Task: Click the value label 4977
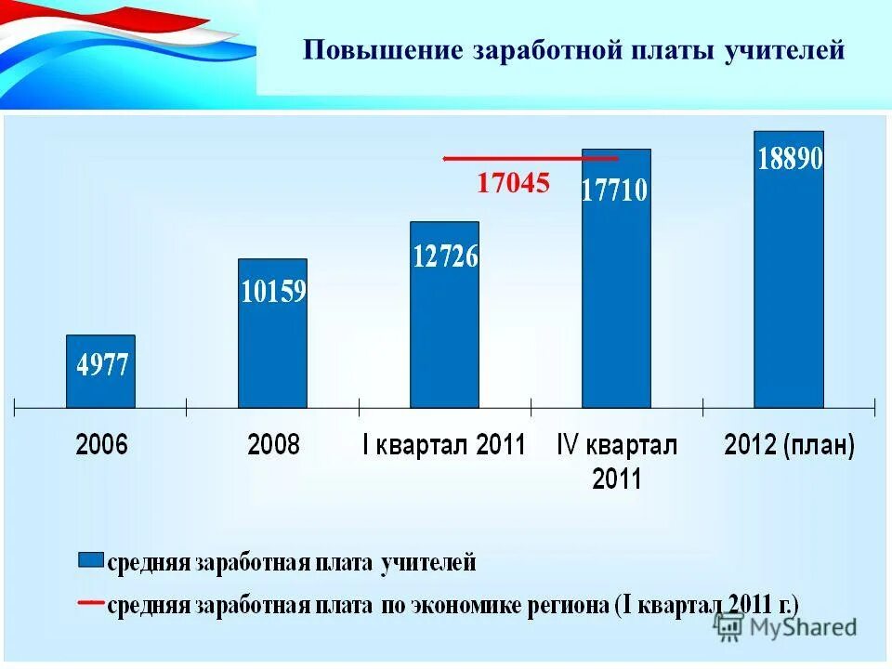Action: (x=101, y=364)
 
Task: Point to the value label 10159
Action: (x=273, y=293)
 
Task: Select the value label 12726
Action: (x=445, y=256)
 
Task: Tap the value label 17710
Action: (x=615, y=191)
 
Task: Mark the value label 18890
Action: (x=790, y=158)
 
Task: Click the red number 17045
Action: (x=513, y=184)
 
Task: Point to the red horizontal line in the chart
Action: (x=530, y=159)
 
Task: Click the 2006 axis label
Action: (x=101, y=445)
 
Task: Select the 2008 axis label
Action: (x=273, y=445)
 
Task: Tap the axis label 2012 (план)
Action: (x=789, y=445)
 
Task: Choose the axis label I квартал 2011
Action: (x=444, y=445)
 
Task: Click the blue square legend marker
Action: (x=90, y=560)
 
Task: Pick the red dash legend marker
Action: (x=89, y=603)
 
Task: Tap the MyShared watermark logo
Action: (x=786, y=626)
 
